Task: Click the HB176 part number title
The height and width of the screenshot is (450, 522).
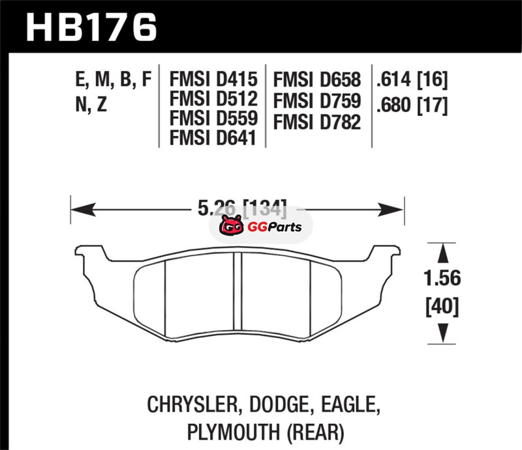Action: [x=91, y=27]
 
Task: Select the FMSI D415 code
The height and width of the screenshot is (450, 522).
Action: [x=213, y=79]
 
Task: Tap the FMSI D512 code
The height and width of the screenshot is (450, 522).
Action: [x=213, y=99]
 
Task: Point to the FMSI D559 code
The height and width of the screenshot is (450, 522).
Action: [x=213, y=118]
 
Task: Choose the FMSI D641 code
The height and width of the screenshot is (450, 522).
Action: [x=213, y=137]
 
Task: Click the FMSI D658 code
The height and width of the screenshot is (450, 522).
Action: [x=317, y=79]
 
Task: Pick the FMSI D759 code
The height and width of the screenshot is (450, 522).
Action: [x=317, y=101]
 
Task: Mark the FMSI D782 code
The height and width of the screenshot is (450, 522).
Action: [x=317, y=122]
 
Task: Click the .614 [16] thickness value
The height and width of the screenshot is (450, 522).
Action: [x=412, y=79]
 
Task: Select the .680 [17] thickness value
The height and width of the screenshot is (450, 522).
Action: [x=412, y=105]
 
